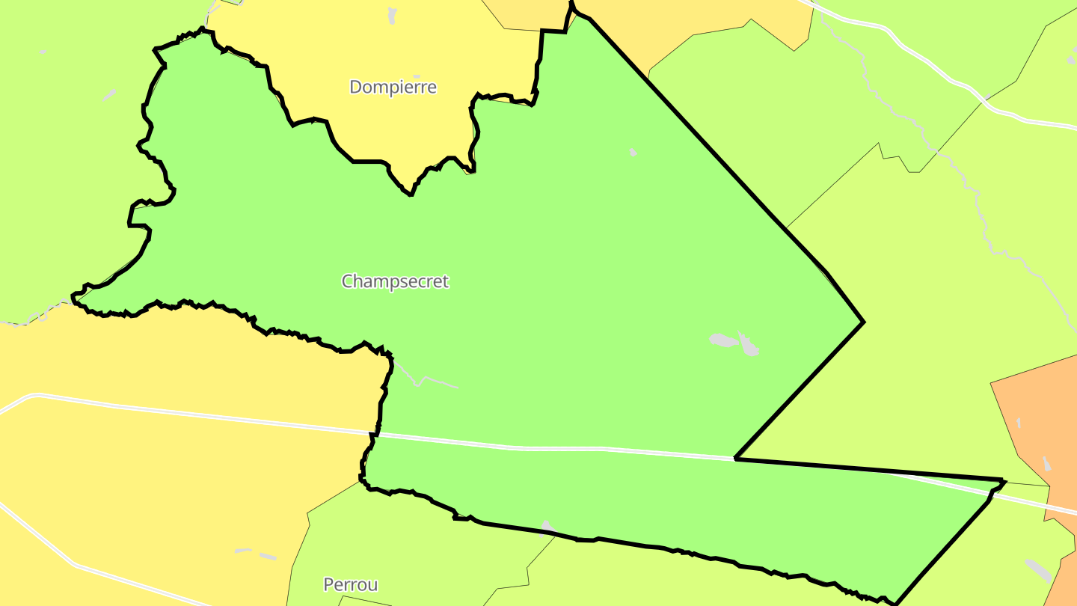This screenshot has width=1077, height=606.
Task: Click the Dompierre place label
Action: (x=393, y=87)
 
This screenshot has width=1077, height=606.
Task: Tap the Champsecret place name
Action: (x=395, y=281)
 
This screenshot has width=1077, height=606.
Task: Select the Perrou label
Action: (x=350, y=584)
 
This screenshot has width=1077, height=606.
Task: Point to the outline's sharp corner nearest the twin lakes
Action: (x=864, y=322)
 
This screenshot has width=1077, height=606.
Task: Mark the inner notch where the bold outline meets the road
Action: (x=736, y=458)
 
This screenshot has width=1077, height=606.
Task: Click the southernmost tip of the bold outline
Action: (x=895, y=603)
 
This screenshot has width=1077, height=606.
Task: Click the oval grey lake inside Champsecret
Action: (x=722, y=340)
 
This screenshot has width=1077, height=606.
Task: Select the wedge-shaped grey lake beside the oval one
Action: (x=749, y=344)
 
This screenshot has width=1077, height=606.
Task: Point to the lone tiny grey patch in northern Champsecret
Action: (x=633, y=152)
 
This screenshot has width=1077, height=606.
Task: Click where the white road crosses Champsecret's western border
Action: (x=375, y=434)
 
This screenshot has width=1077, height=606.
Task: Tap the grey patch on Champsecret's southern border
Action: (x=547, y=527)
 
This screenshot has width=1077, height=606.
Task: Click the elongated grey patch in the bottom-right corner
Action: (x=1037, y=569)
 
